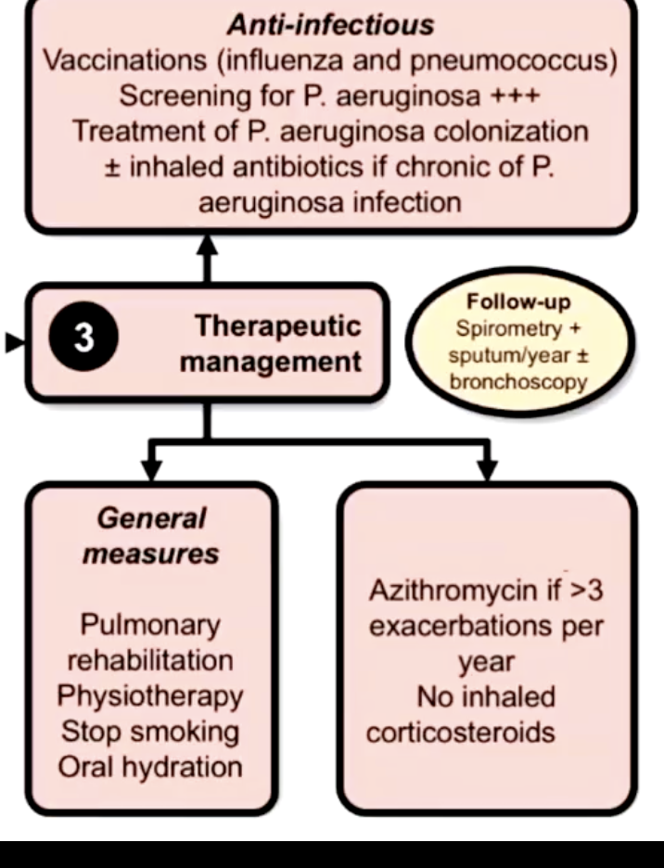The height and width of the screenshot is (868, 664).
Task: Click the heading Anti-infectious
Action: coord(330,25)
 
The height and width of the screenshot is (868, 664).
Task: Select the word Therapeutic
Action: coord(277,326)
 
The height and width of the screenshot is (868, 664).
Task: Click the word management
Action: coord(271,361)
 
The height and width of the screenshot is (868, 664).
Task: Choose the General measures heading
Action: coord(151,536)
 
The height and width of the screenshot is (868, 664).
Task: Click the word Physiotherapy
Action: coord(150,696)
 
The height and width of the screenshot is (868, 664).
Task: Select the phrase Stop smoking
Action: coord(150,731)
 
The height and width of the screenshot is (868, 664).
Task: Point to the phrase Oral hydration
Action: coord(150,767)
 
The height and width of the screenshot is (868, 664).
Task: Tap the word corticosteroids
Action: coord(461,732)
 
